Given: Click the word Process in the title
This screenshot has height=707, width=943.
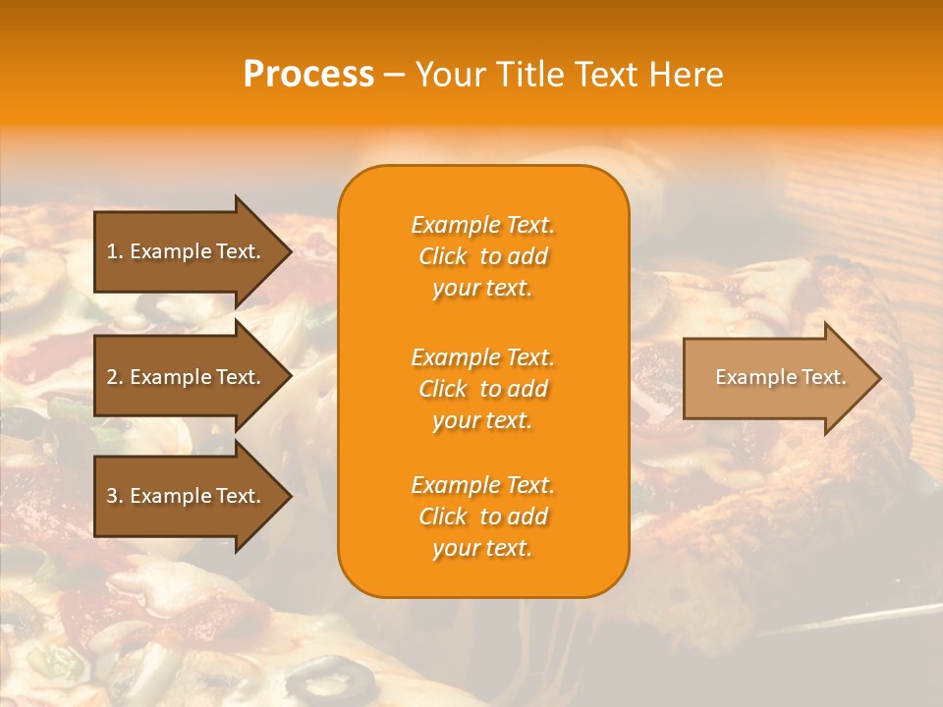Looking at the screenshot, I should (x=308, y=75).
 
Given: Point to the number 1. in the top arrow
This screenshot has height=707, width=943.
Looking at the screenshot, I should (x=115, y=251).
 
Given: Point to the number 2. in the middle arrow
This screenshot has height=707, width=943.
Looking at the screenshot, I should (x=115, y=377).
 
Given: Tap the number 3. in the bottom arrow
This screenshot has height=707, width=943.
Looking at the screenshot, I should (x=115, y=496).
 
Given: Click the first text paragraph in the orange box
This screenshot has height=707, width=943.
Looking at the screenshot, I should (x=482, y=256).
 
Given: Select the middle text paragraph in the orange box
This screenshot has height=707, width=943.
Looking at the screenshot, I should (x=482, y=389).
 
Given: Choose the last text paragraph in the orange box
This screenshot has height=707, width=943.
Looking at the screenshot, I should (x=482, y=517).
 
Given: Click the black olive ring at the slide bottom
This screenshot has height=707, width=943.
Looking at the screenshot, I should (x=330, y=679).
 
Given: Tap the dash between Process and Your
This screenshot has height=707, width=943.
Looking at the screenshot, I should (x=395, y=75).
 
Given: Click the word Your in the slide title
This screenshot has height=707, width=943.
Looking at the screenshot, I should (x=451, y=75).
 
